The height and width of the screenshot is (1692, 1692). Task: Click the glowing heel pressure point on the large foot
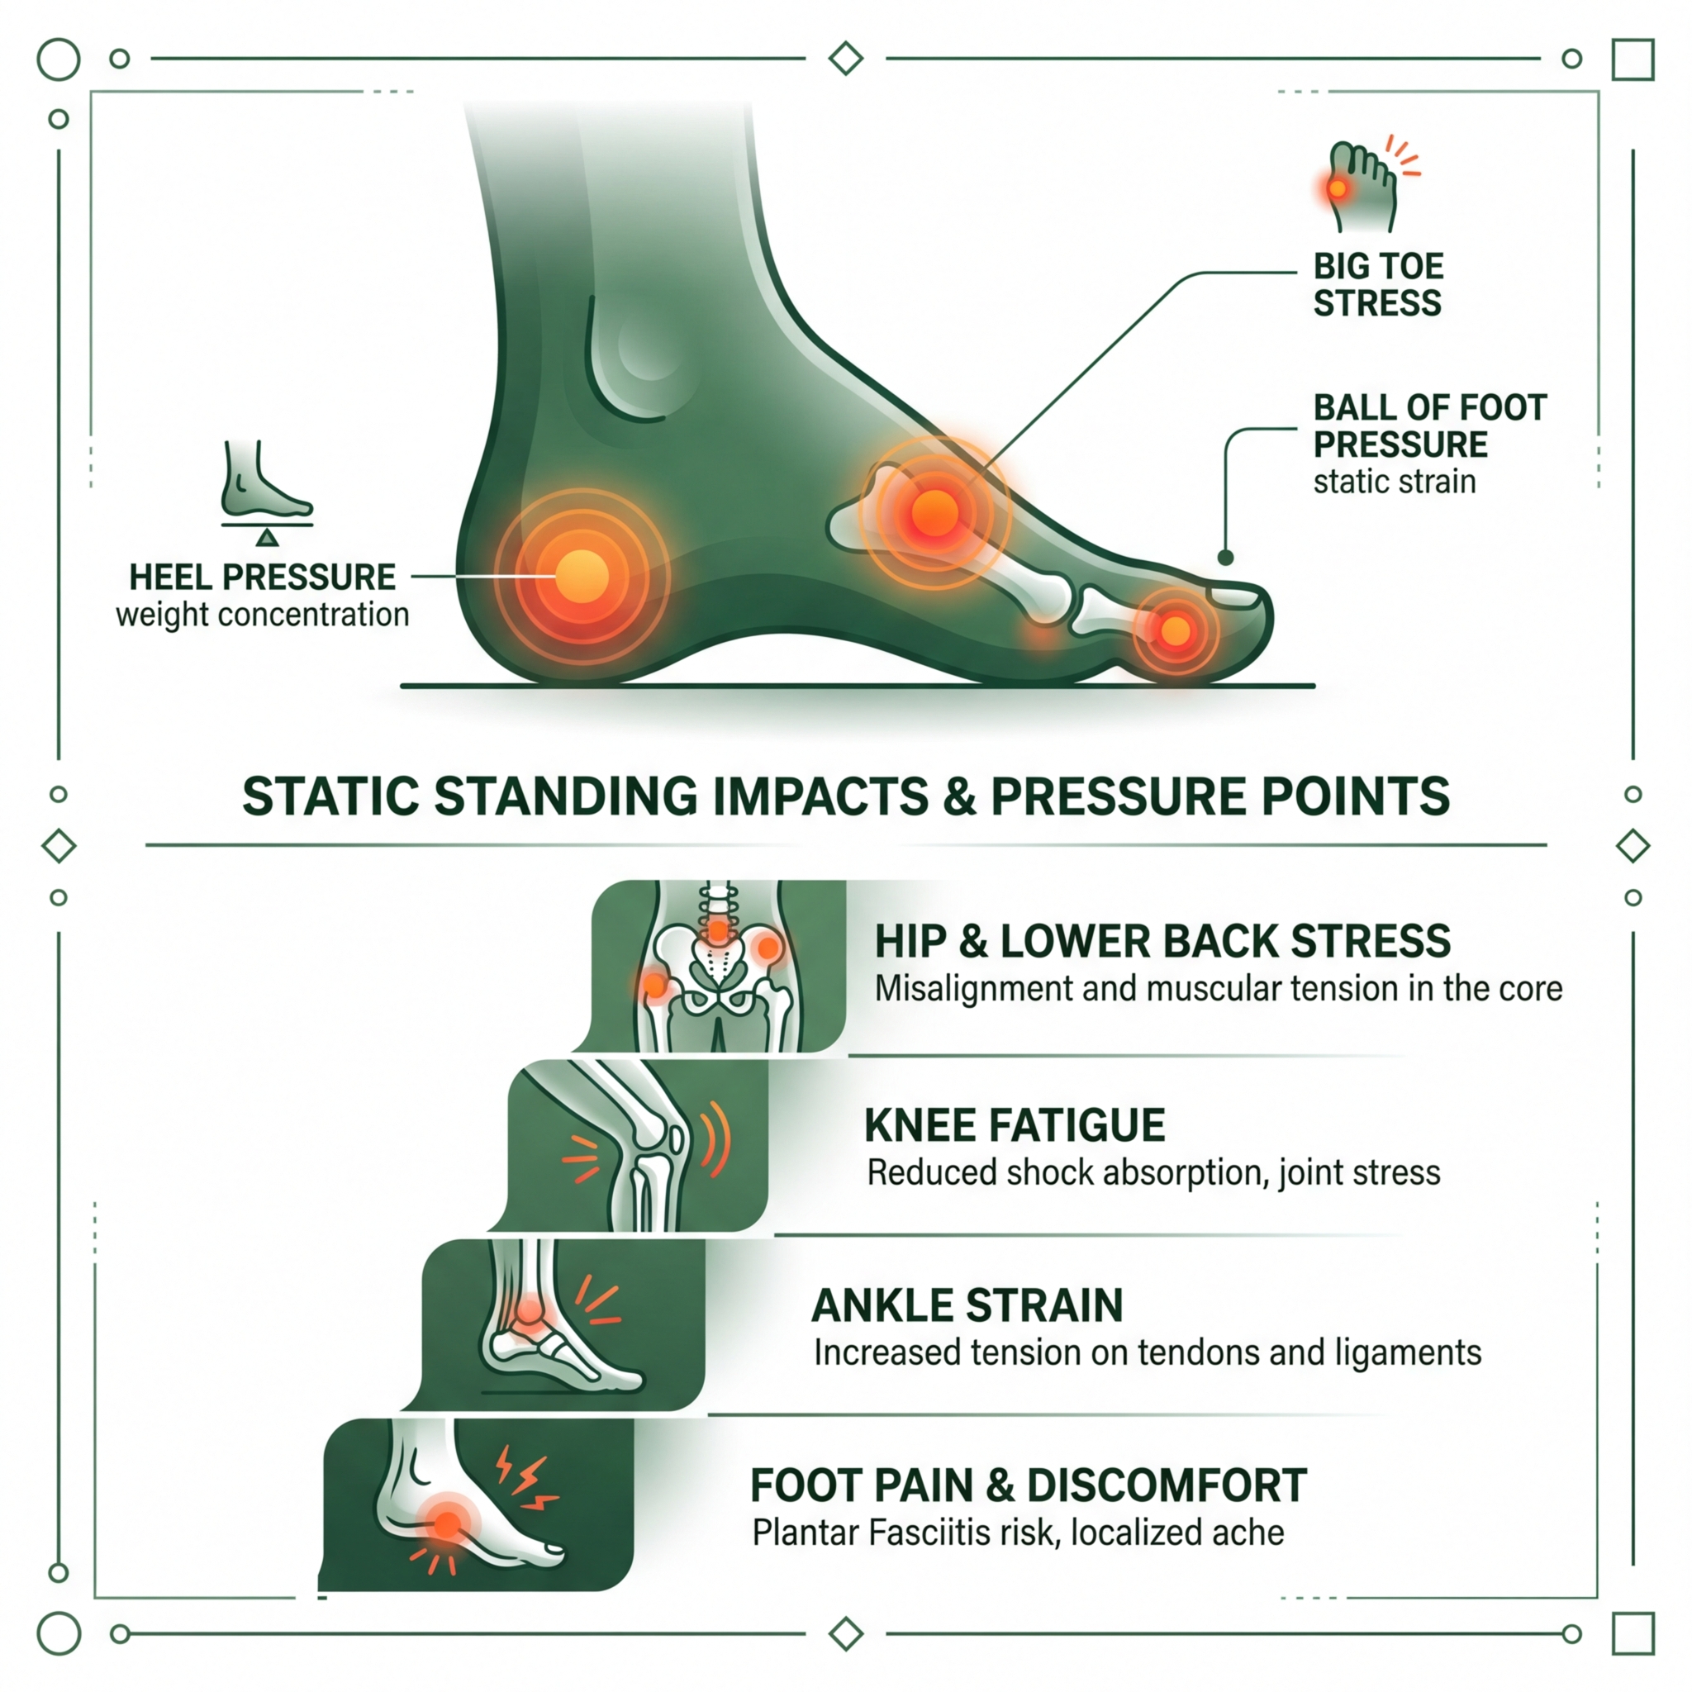tap(582, 577)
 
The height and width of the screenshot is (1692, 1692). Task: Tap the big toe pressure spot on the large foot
tap(1176, 630)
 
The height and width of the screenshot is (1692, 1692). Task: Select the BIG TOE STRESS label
tap(1377, 285)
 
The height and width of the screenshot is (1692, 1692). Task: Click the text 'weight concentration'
tap(262, 615)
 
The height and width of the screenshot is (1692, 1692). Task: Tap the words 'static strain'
tap(1395, 482)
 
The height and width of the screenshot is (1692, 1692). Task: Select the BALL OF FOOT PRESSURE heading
tap(1429, 425)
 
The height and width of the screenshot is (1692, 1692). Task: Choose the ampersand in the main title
tap(960, 797)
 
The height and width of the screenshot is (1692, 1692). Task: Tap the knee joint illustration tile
tap(639, 1146)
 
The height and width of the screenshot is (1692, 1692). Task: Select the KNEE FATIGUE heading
tap(1015, 1125)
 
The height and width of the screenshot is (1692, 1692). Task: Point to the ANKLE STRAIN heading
tap(967, 1306)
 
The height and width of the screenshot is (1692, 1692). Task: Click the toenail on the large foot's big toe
tap(1235, 597)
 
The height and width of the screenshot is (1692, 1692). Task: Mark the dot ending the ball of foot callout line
tap(1226, 558)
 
